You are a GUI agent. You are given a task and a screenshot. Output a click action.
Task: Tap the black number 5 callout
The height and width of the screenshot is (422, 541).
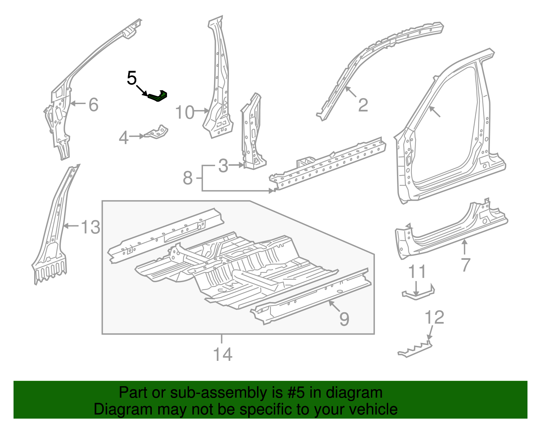(132, 78)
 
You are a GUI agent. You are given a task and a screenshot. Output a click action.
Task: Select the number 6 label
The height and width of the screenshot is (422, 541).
(93, 104)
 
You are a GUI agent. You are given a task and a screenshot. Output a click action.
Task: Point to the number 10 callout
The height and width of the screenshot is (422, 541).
(185, 112)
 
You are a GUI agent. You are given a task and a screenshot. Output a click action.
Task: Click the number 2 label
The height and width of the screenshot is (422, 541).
(363, 105)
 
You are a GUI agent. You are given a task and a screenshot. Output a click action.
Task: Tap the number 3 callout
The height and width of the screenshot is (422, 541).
(223, 166)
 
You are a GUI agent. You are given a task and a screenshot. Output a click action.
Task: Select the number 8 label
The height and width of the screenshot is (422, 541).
(188, 178)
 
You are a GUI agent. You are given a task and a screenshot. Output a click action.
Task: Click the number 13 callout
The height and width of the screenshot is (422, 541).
(91, 227)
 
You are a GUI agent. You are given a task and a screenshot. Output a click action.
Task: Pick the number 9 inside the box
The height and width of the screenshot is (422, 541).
(344, 319)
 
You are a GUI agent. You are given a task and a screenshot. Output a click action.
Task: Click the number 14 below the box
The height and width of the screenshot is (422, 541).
(223, 354)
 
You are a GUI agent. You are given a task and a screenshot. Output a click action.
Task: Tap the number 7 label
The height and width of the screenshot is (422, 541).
(466, 265)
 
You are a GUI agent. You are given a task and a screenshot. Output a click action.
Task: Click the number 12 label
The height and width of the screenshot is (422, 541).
(434, 317)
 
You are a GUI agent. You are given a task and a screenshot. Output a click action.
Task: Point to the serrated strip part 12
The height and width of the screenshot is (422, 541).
(415, 350)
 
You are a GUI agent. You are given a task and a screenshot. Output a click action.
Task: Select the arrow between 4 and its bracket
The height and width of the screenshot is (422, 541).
(137, 136)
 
